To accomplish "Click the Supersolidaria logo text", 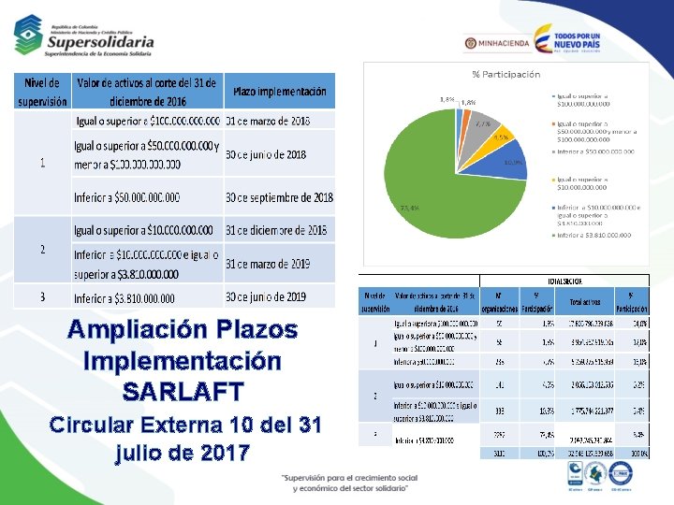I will pos(100,42).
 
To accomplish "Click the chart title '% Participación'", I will pos(505,74).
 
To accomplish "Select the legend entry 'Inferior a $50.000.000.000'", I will pos(595,151).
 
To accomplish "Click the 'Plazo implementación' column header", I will pos(279,92).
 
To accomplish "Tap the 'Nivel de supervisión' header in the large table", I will pos(42,92).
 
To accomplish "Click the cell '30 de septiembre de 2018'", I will pos(279,198).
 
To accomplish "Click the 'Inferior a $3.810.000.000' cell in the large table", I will pos(125,298).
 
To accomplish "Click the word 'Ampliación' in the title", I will pos(131,330).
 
